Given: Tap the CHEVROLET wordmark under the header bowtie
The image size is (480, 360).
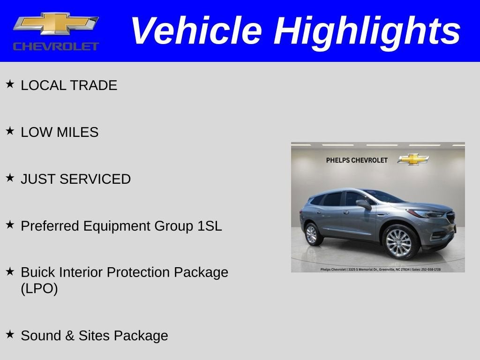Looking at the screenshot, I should (x=56, y=46).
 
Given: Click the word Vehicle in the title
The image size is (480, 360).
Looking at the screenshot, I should (x=196, y=31).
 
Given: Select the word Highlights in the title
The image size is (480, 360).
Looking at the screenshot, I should (x=367, y=31).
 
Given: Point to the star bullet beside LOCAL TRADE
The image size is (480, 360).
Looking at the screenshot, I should (x=10, y=84).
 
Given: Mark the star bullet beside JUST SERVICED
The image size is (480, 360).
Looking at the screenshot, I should (x=10, y=178).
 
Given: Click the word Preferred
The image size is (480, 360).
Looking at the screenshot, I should (x=50, y=226).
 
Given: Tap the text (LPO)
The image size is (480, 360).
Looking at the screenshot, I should (x=39, y=289).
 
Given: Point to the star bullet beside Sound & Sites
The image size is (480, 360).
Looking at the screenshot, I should (x=10, y=334).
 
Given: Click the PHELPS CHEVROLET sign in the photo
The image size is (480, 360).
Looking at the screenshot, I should (x=357, y=160).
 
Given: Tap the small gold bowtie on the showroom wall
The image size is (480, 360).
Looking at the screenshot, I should (x=413, y=159).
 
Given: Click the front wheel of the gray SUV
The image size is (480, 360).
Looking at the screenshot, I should (x=398, y=242).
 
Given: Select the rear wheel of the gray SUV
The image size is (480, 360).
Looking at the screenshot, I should (x=312, y=234).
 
